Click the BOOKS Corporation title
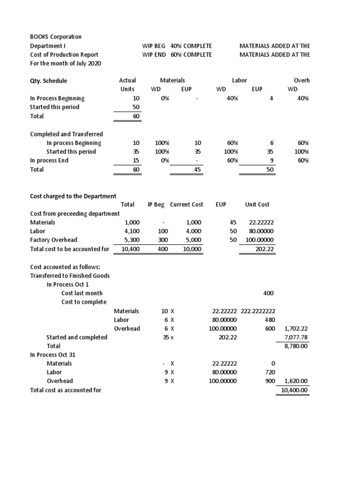56,37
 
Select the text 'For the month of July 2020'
65,63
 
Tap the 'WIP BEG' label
154,46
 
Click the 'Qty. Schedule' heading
49,81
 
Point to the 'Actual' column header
127,81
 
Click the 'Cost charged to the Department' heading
73,196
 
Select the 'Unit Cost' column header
257,204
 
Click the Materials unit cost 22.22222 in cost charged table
262,222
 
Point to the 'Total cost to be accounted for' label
69,249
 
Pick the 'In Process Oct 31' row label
52,354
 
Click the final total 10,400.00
294,390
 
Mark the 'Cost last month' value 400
268,293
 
